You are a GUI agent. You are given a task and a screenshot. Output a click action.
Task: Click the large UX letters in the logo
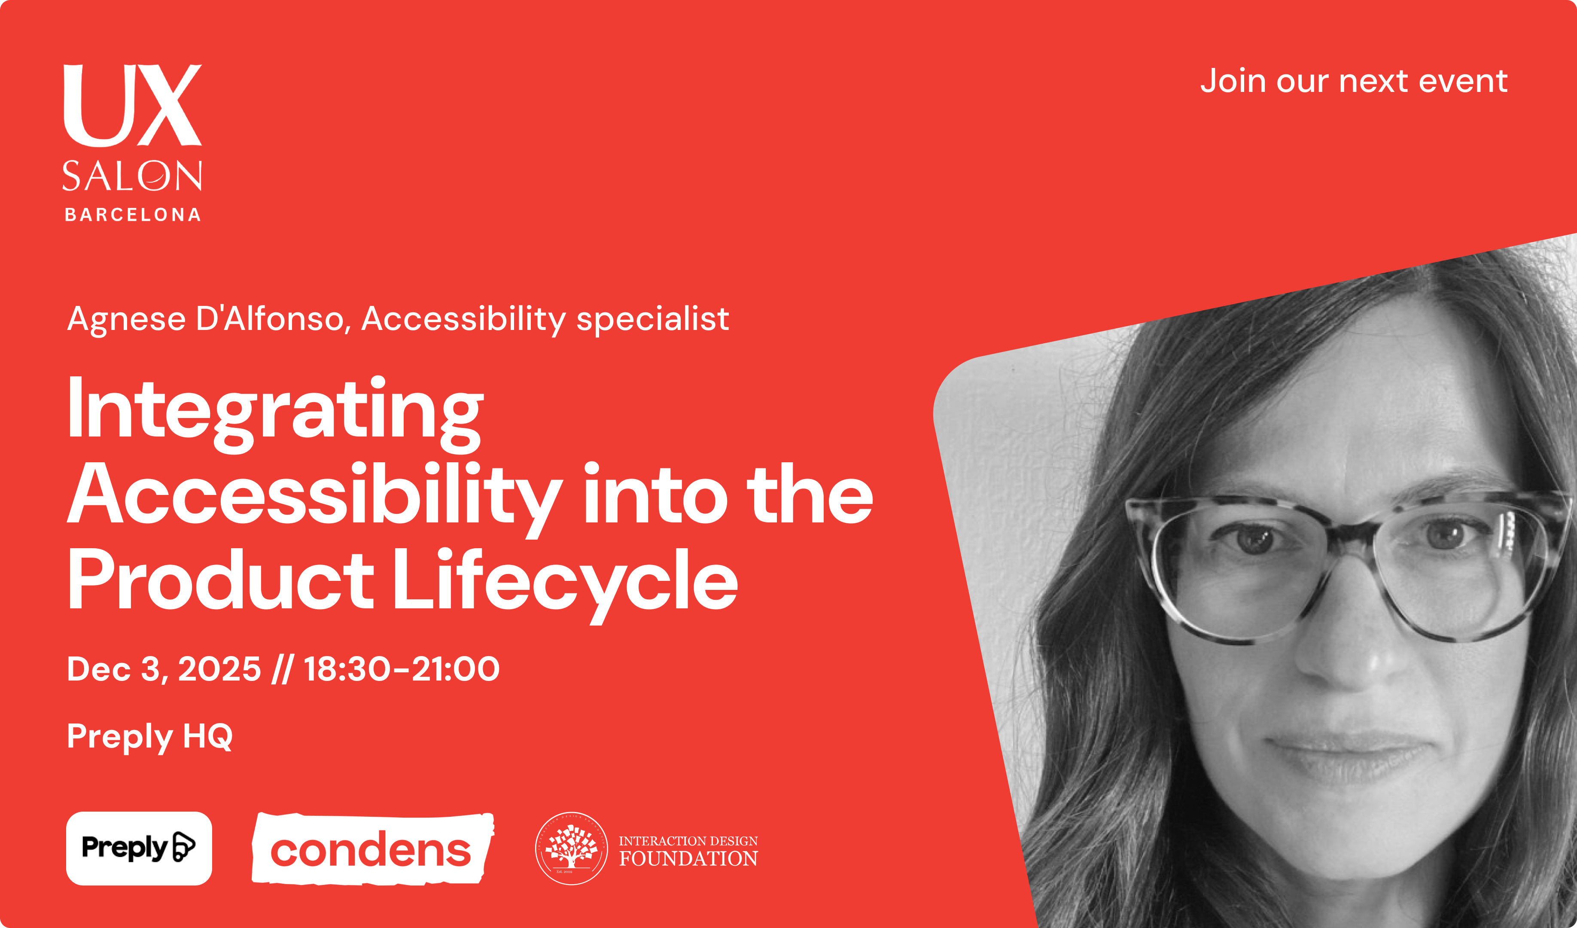pyautogui.click(x=133, y=105)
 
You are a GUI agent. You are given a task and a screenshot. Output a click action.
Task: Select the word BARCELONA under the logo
pyautogui.click(x=133, y=215)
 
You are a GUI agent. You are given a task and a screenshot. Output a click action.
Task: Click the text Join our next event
pyautogui.click(x=1354, y=81)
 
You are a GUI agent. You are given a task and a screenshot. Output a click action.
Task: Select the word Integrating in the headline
pyautogui.click(x=275, y=413)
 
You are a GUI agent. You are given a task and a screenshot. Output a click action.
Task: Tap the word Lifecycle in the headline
pyautogui.click(x=566, y=582)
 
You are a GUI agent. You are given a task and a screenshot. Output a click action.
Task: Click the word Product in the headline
pyautogui.click(x=220, y=579)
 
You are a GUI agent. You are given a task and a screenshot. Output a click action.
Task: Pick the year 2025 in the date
pyautogui.click(x=219, y=669)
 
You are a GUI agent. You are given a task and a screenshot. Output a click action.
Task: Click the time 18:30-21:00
pyautogui.click(x=402, y=669)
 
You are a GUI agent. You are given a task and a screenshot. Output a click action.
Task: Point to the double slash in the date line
pyautogui.click(x=282, y=669)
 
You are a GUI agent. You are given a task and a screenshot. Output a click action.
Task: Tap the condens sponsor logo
pyautogui.click(x=373, y=849)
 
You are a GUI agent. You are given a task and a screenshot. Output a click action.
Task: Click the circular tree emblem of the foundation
pyautogui.click(x=571, y=849)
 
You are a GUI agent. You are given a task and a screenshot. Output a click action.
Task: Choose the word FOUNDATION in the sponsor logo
pyautogui.click(x=688, y=858)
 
